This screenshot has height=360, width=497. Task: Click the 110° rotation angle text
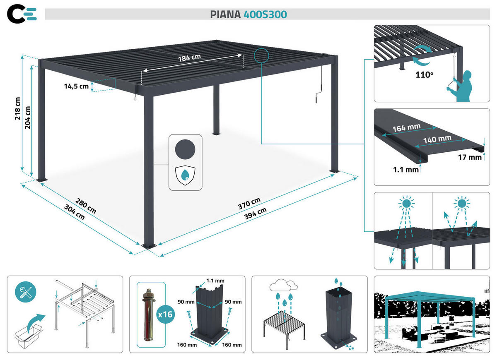(424, 76)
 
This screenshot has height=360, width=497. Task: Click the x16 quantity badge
(166, 314)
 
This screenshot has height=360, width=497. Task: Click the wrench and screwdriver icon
(25, 292)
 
